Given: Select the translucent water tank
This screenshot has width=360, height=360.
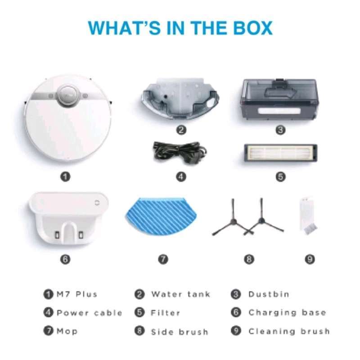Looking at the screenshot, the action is (x=180, y=98).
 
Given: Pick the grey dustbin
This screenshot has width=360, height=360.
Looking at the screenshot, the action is (x=280, y=99).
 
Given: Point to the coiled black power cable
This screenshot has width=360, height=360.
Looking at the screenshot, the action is (x=180, y=152).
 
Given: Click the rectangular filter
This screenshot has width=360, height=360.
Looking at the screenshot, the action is (x=280, y=153).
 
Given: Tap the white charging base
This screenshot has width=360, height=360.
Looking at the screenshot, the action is (x=68, y=218).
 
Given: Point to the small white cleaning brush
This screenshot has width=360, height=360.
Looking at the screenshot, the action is (x=308, y=216).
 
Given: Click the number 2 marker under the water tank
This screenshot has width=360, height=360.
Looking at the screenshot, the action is (x=181, y=130).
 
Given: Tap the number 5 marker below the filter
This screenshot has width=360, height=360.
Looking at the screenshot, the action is (x=280, y=177).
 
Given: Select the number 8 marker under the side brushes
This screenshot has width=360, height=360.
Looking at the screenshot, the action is (x=249, y=259).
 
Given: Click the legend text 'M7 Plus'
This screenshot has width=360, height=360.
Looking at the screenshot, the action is (x=77, y=294).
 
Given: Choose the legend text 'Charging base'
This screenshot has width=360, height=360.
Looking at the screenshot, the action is (x=287, y=313).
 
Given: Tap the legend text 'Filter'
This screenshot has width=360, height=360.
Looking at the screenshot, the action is (x=165, y=313).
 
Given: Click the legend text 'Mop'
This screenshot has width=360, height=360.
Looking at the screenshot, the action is (x=67, y=331).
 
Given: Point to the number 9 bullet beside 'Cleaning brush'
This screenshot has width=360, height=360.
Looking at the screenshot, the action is (x=236, y=331).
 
